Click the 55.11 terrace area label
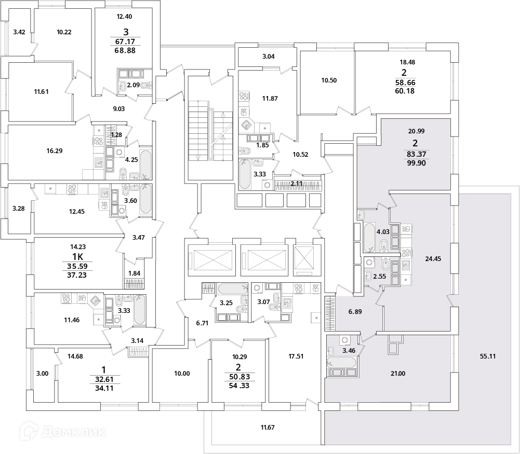point(487,356)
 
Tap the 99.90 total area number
point(416,163)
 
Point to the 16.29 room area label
point(55,150)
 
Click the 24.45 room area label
point(433,258)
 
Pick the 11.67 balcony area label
point(268,427)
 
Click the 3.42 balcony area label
point(19,32)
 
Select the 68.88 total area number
point(125,51)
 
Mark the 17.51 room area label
point(296,356)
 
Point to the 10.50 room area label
point(329,80)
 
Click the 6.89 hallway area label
point(355,312)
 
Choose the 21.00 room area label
point(397,374)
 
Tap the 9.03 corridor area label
point(119,108)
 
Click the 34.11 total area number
point(104,388)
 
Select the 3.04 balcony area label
point(268,56)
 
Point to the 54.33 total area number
point(239,386)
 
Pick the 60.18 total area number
point(405,91)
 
